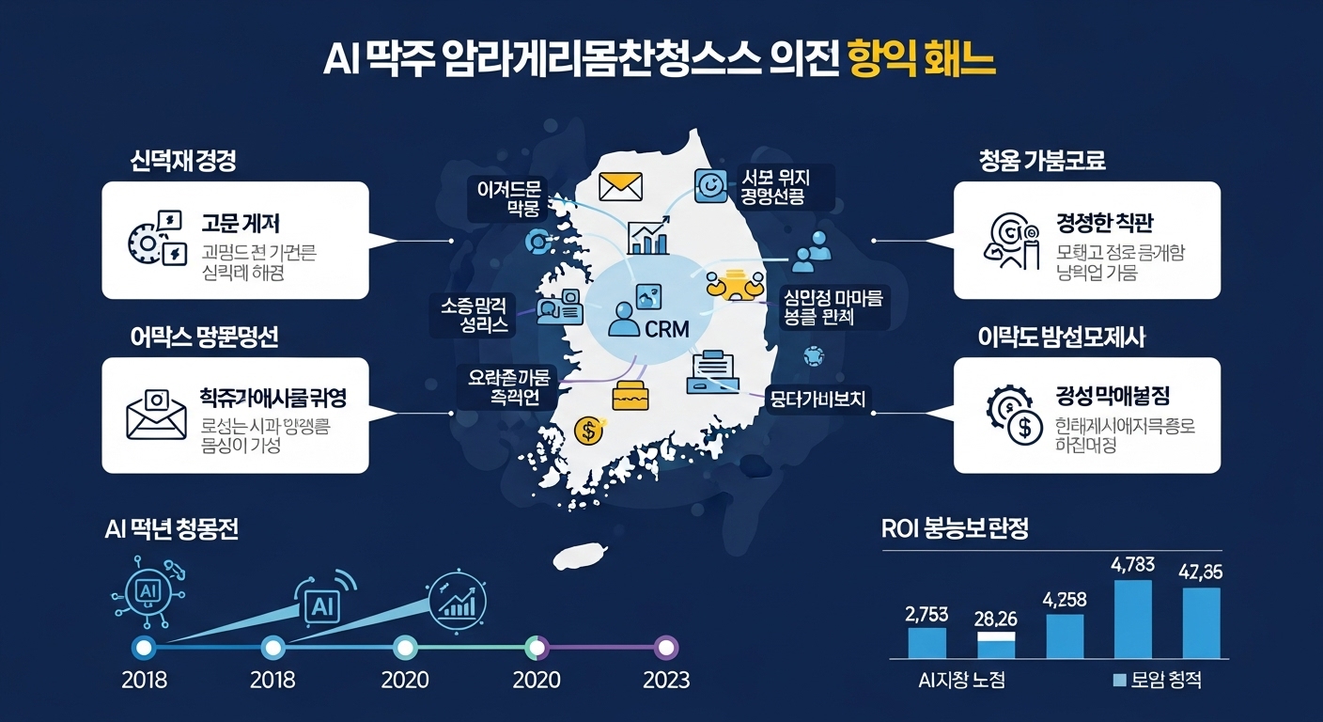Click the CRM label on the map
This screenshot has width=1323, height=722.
pyautogui.click(x=667, y=329)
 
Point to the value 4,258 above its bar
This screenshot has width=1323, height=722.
pyautogui.click(x=1064, y=599)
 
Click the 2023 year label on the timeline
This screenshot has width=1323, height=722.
pyautogui.click(x=665, y=680)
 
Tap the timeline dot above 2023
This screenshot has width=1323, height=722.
pyautogui.click(x=665, y=648)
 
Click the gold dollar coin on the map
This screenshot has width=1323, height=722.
pyautogui.click(x=588, y=431)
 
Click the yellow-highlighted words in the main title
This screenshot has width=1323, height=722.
pyautogui.click(x=920, y=59)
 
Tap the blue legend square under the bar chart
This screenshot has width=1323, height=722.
pyautogui.click(x=1118, y=681)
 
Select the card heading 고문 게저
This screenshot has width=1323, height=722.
pyautogui.click(x=241, y=223)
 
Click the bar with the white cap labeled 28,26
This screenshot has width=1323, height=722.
pyautogui.click(x=996, y=645)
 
